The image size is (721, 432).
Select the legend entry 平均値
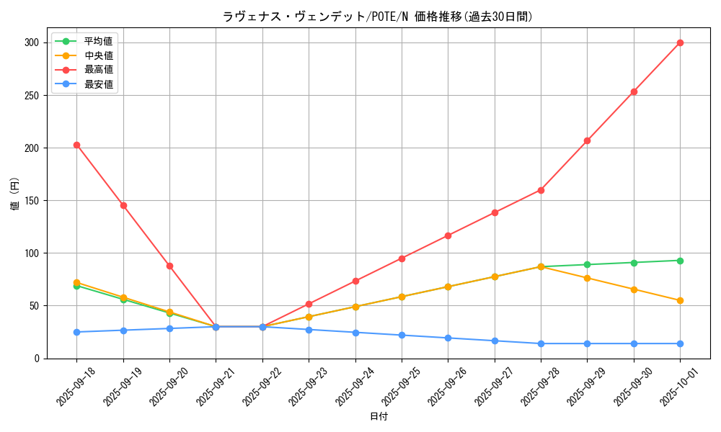pyautogui.click(x=99, y=41)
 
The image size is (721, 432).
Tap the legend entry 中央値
pyautogui.click(x=99, y=55)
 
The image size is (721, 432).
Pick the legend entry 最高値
pyautogui.click(x=99, y=70)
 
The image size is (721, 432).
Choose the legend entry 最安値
pyautogui.click(x=99, y=84)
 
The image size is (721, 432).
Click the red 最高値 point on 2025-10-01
pyautogui.click(x=680, y=42)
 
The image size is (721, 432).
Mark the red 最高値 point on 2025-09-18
pyautogui.click(x=76, y=145)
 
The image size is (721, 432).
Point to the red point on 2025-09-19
pyautogui.click(x=123, y=205)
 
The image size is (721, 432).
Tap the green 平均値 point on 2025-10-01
pyautogui.click(x=680, y=261)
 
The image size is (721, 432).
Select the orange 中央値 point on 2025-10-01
pyautogui.click(x=680, y=300)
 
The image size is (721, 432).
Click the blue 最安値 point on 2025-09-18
pyautogui.click(x=76, y=332)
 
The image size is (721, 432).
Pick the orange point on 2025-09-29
pyautogui.click(x=587, y=278)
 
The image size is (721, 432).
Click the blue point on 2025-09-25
pyautogui.click(x=402, y=335)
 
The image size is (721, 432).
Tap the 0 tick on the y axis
pyautogui.click(x=39, y=358)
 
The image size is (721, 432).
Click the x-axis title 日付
pyautogui.click(x=378, y=417)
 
